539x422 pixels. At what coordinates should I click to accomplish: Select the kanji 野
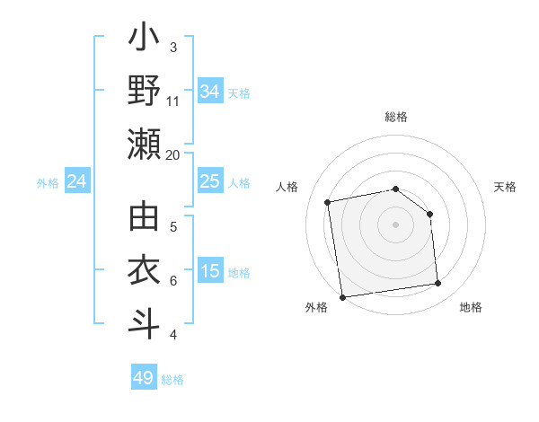[x=145, y=91]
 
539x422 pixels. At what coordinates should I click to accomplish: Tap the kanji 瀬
[x=145, y=144]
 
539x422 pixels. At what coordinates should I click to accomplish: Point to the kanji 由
[x=145, y=218]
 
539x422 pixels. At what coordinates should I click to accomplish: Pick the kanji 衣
[x=145, y=270]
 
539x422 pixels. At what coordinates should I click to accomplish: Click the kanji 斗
[x=145, y=323]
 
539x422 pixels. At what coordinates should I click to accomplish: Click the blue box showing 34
[x=210, y=92]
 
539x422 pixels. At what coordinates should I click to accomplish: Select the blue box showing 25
[x=210, y=182]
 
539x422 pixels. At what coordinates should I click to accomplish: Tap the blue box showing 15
[x=210, y=272]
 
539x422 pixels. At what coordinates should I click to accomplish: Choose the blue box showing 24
[x=77, y=182]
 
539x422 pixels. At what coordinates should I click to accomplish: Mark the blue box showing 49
[x=144, y=378]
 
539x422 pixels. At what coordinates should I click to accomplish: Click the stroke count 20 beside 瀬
[x=172, y=154]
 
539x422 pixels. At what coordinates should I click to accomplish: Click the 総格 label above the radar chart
[x=395, y=117]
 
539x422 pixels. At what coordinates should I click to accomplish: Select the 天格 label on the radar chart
[x=505, y=187]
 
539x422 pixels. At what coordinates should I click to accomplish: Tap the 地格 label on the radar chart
[x=471, y=307]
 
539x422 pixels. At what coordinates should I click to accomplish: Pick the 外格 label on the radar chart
[x=316, y=307]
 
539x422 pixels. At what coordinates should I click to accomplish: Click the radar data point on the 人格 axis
[x=329, y=202]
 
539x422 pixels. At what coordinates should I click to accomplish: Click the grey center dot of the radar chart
[x=395, y=224]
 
